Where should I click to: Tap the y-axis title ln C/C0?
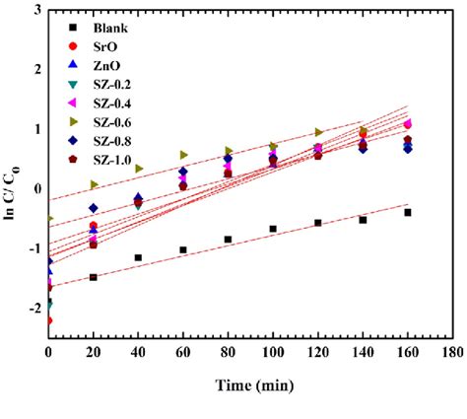[13, 174]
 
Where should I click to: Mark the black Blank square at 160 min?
[407, 213]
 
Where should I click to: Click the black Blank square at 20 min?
[94, 277]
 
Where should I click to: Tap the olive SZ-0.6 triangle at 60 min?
[183, 155]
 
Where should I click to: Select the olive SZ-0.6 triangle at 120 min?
[318, 132]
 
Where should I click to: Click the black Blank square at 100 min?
[273, 229]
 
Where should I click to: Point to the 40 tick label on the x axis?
[138, 351]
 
